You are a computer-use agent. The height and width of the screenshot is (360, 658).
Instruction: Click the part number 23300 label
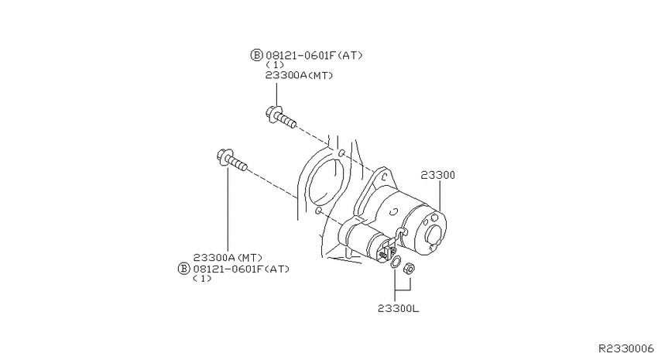coord(437,175)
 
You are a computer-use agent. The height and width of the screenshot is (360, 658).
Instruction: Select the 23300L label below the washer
coord(398,309)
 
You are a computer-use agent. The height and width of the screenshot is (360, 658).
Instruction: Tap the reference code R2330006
coord(625,348)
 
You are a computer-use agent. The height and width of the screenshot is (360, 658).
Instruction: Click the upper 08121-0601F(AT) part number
coord(314,55)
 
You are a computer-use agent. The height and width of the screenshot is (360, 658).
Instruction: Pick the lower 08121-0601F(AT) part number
coord(242,269)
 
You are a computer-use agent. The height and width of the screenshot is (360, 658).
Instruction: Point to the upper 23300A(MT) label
coord(300,76)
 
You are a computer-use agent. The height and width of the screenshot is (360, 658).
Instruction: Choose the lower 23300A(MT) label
coord(228,257)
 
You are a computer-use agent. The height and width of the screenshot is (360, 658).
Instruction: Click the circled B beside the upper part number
coord(256,55)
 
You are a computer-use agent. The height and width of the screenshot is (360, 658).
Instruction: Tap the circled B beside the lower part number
coord(183,269)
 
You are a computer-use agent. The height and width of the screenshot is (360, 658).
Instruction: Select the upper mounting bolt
coord(281,117)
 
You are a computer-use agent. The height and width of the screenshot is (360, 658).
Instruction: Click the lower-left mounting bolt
coord(231,161)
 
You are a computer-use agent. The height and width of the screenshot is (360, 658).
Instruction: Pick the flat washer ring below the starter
coord(396,262)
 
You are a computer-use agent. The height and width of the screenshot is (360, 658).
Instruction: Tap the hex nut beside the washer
coord(409,269)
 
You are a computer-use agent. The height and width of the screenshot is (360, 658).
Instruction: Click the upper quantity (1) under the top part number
coord(275,65)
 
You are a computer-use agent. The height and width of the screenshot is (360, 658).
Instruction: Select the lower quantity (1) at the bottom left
coord(202,279)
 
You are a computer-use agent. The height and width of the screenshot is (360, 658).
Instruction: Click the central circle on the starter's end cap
coord(434,235)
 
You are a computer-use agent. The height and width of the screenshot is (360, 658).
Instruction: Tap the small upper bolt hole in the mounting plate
coord(342,152)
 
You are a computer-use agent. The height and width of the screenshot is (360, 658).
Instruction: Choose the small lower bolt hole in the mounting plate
coord(318,209)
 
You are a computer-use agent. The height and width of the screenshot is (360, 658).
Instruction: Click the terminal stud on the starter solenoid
coord(383,253)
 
